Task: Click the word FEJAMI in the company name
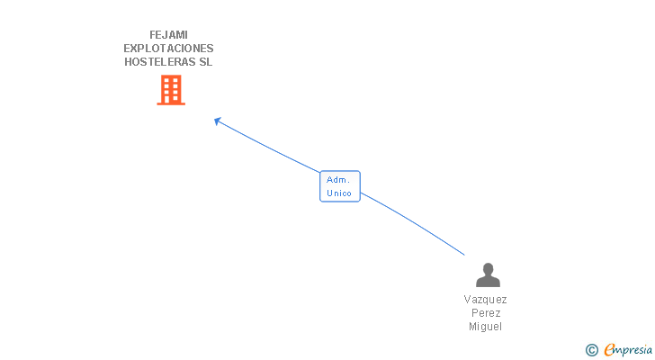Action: (168, 35)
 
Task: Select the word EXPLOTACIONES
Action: (168, 49)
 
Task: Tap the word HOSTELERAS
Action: (160, 62)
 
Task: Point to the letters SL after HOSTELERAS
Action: (205, 62)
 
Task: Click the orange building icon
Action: (171, 90)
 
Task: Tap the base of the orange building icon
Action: (171, 103)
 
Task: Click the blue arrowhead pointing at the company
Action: (217, 121)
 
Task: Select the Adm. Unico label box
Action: (339, 186)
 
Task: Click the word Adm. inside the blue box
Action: (338, 180)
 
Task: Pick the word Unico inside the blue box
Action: (339, 193)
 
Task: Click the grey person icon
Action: (488, 274)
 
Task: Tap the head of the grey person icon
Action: (488, 268)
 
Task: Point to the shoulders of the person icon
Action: (488, 282)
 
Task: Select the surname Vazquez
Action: (485, 300)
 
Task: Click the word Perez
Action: (486, 313)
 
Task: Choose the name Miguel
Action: (485, 326)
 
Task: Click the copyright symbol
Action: (591, 350)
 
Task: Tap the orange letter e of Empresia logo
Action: (609, 349)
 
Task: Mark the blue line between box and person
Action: (413, 222)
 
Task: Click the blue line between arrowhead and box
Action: (268, 147)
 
